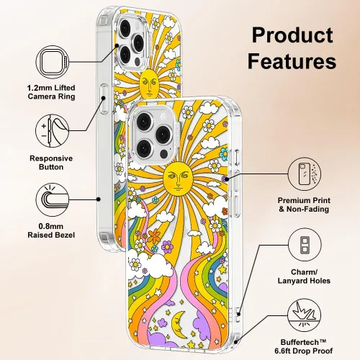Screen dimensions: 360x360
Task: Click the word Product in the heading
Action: click(292, 35)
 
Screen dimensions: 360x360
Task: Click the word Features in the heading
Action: click(292, 60)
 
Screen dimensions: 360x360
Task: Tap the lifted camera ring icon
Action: click(53, 62)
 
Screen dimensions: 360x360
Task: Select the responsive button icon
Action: click(53, 131)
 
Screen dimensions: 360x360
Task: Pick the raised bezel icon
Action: click(53, 199)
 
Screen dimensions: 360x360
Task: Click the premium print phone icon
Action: click(305, 174)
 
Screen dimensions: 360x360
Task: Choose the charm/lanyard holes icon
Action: click(305, 245)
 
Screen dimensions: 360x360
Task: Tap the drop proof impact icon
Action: click(305, 315)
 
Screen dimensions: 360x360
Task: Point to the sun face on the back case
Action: click(149, 84)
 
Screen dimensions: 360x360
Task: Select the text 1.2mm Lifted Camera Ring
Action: click(51, 92)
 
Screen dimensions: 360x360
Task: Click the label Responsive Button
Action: click(51, 163)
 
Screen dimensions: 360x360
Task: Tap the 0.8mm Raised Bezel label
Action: click(51, 230)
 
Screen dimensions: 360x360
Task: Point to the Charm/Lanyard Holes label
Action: click(304, 276)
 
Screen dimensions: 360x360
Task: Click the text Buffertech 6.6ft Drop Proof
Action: click(304, 346)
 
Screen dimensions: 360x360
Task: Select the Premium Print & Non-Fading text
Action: click(304, 204)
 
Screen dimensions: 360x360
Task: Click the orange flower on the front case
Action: click(154, 235)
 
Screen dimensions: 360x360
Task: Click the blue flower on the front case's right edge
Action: click(224, 153)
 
